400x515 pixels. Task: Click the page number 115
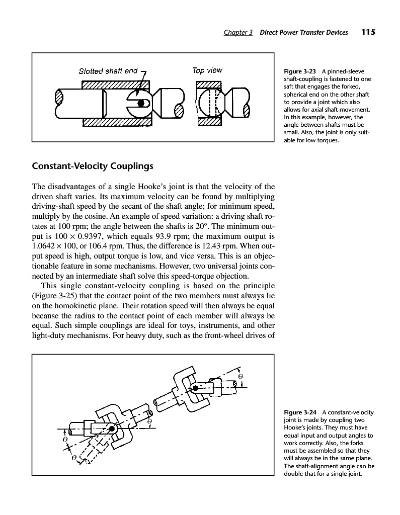tap(368, 32)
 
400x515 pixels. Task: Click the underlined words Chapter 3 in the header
tap(238, 33)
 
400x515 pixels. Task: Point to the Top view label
tap(207, 70)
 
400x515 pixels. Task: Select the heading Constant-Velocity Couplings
tap(92, 165)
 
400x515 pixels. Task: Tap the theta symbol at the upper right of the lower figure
tap(240, 376)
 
